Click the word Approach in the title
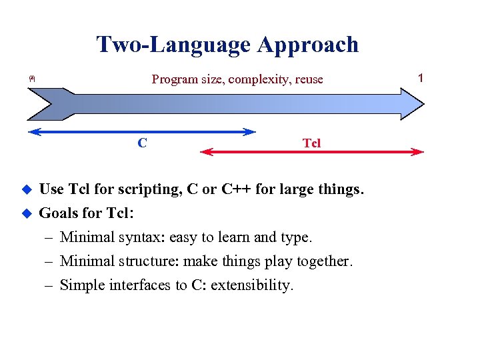[x=307, y=45]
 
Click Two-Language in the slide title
[x=174, y=45]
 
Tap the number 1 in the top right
[x=420, y=78]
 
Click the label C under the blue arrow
[x=142, y=142]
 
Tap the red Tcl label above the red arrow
[x=311, y=143]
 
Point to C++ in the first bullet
[x=236, y=189]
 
